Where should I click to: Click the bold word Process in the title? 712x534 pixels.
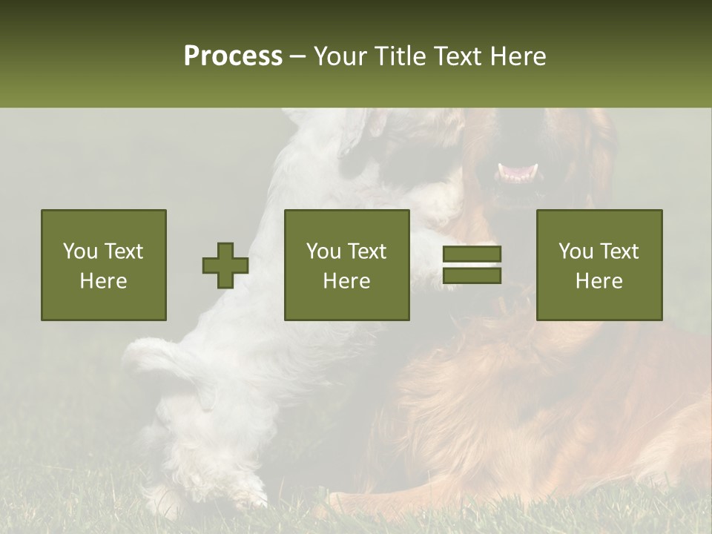click(233, 56)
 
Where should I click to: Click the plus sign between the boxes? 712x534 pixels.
click(225, 266)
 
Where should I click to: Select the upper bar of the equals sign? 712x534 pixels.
click(472, 254)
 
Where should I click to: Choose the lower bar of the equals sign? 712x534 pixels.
click(472, 276)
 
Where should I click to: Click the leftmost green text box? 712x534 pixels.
click(104, 265)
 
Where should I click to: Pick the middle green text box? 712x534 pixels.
click(347, 265)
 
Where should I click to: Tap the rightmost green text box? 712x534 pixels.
click(599, 265)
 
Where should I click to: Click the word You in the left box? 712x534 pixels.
click(80, 251)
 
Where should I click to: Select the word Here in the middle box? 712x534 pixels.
click(347, 281)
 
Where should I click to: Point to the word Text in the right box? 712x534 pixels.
click(620, 251)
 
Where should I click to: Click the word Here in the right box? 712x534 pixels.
click(599, 281)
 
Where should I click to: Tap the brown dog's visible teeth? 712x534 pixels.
click(518, 172)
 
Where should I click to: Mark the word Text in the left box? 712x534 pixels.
click(123, 251)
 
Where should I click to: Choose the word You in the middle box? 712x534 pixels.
click(323, 251)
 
